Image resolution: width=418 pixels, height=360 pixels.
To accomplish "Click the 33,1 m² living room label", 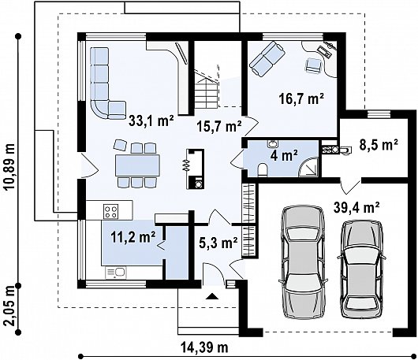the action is (151, 121).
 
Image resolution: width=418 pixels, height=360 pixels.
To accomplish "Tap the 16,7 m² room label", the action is (301, 99).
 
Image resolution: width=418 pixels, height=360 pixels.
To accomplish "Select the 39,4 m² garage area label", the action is (356, 208).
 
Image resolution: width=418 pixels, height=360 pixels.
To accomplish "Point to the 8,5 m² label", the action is (379, 145).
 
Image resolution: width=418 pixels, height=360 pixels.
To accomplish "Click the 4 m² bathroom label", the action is (284, 155).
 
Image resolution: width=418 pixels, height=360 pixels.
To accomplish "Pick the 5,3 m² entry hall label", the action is (218, 243).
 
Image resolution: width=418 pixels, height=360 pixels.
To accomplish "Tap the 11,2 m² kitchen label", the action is (133, 237).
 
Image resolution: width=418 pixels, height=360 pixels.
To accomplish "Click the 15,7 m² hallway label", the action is (219, 126).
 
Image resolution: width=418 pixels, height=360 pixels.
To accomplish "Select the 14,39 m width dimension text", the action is (205, 347).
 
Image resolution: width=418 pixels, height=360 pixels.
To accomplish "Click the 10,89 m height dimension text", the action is (10, 167).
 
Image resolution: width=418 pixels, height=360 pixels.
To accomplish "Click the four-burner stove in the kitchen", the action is (111, 211).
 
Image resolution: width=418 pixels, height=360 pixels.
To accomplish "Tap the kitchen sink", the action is (116, 273).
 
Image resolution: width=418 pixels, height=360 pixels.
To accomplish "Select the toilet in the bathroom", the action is (263, 170).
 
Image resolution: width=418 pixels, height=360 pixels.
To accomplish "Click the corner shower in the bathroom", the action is (308, 167).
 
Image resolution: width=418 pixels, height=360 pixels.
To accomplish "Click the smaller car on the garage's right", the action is (363, 269).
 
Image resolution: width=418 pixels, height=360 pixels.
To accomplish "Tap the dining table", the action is (137, 165).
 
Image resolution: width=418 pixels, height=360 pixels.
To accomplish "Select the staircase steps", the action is (207, 93).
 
